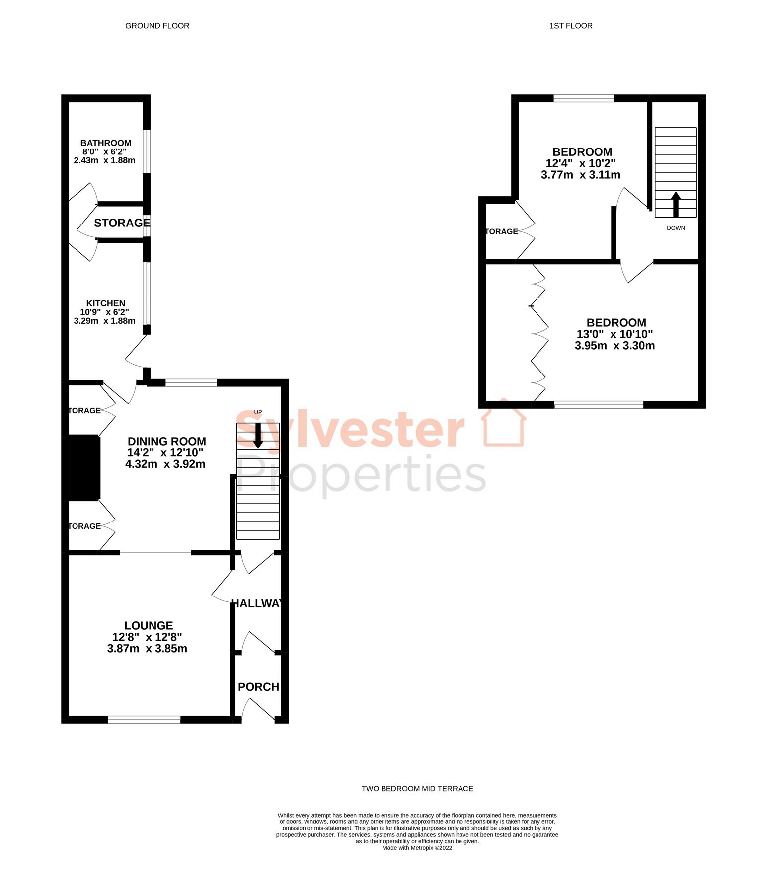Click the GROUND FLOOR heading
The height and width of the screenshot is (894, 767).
(157, 26)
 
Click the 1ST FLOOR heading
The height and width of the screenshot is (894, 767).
(571, 26)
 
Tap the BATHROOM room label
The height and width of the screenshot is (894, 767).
(106, 143)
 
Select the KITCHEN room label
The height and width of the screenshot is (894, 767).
(106, 303)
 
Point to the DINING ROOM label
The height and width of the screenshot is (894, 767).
(167, 441)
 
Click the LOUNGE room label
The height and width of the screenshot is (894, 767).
(149, 626)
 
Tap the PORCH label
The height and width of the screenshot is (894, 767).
(258, 687)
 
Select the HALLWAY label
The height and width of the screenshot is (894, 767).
(257, 603)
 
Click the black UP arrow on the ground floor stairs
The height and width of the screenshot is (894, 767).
(258, 436)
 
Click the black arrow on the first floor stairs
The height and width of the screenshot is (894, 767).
(676, 204)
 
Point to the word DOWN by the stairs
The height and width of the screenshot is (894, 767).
(676, 228)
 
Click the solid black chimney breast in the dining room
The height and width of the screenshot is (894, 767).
(84, 467)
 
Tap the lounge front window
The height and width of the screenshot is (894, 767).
(144, 719)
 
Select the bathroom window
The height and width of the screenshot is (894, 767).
(147, 151)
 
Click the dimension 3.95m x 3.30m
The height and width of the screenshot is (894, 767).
(614, 346)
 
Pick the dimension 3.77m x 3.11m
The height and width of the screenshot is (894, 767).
(580, 175)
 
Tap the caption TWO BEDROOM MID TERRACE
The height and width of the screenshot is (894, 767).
(417, 789)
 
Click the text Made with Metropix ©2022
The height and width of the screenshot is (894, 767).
(417, 848)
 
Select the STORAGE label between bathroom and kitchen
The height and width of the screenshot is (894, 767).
(122, 223)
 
